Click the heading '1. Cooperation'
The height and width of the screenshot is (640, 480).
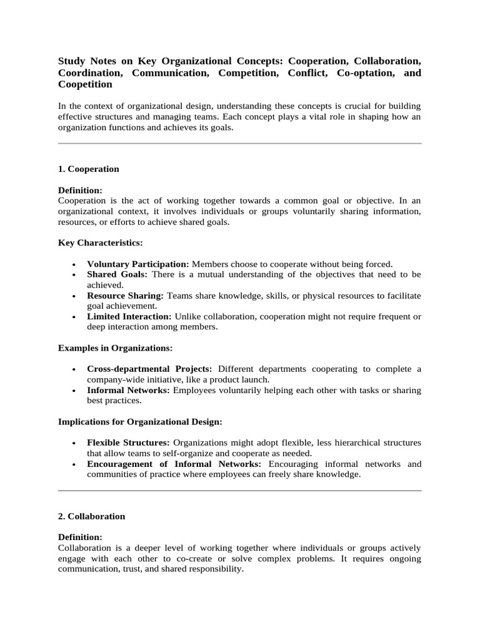point(88,169)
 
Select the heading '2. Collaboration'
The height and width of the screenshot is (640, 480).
point(91,516)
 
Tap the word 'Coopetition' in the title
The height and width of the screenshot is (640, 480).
point(85,84)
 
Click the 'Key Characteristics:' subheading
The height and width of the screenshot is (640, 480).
point(100,242)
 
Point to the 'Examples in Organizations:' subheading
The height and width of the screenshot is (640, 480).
point(115,347)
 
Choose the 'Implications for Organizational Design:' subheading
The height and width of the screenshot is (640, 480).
point(140,421)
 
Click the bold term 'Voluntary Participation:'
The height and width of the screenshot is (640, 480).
point(138,264)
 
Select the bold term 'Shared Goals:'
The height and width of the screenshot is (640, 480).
point(117,274)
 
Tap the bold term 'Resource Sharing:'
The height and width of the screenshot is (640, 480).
point(125,296)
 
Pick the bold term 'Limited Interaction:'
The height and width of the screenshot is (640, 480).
point(129,317)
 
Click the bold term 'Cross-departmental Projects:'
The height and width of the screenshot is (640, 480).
point(149,369)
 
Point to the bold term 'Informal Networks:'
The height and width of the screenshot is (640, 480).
point(128,390)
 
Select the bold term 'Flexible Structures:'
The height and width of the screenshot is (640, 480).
point(129,442)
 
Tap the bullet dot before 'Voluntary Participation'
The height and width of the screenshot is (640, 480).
point(74,264)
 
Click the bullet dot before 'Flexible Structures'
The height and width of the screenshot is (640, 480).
point(74,443)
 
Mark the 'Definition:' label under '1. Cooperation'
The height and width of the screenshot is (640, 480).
point(80,190)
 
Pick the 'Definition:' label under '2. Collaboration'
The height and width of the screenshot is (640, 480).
point(80,537)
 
